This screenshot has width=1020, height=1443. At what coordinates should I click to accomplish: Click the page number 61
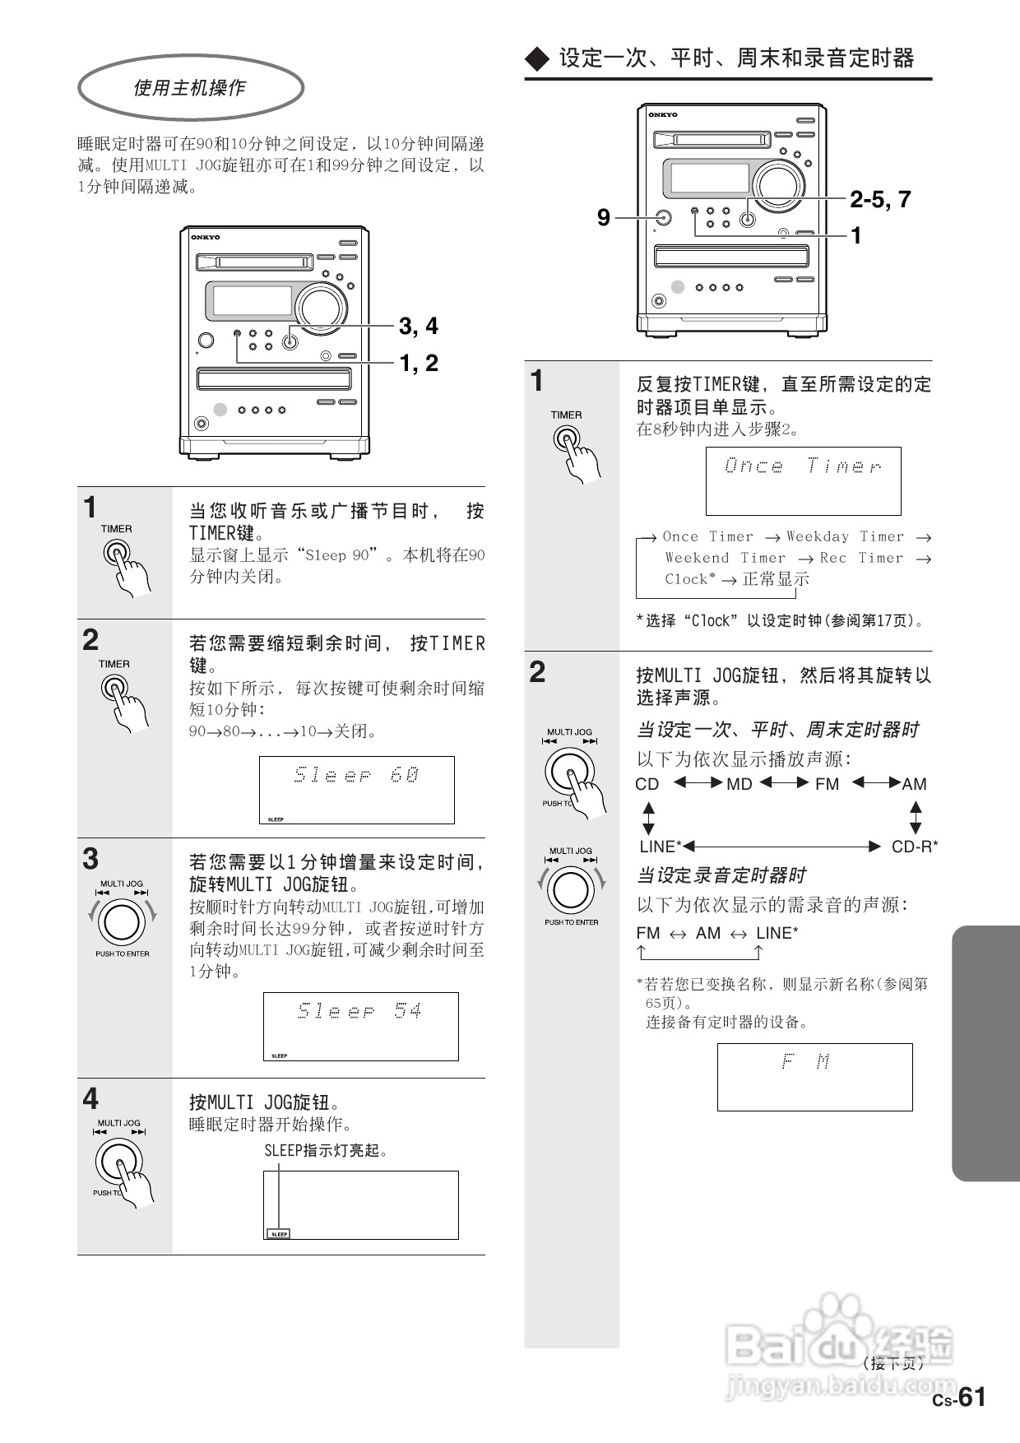click(x=971, y=1396)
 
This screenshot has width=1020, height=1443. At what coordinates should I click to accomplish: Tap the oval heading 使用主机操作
click(x=190, y=87)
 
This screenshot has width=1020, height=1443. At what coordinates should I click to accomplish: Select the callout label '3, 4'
click(x=418, y=327)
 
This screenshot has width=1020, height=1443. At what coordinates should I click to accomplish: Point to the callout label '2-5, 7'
click(x=880, y=199)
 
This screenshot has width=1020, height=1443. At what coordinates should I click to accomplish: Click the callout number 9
click(x=603, y=218)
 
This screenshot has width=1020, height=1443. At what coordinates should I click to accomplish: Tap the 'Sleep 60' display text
click(x=357, y=775)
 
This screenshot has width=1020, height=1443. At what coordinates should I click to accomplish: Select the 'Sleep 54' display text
click(x=360, y=1011)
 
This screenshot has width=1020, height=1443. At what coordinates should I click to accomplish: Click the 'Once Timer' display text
click(x=803, y=466)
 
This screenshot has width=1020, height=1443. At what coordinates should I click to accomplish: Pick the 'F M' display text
click(x=806, y=1062)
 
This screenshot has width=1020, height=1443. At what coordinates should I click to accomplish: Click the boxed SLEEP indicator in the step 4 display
click(x=279, y=1234)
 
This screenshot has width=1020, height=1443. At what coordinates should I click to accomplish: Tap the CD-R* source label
click(x=915, y=847)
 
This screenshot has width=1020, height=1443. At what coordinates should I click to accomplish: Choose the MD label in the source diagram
click(x=739, y=785)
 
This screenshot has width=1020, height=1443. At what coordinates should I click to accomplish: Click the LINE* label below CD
click(x=661, y=847)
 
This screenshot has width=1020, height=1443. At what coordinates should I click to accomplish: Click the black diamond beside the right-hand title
click(x=537, y=59)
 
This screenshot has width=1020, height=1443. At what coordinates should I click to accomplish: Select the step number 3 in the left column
click(x=90, y=860)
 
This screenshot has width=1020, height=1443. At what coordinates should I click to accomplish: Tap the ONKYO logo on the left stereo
click(x=206, y=237)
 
